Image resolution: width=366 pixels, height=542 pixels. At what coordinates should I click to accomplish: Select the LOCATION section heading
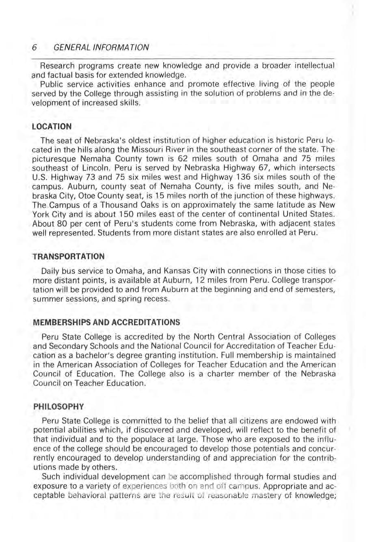[x=52, y=127]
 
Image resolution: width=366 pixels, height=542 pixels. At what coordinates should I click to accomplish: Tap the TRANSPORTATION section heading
[x=68, y=256]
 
